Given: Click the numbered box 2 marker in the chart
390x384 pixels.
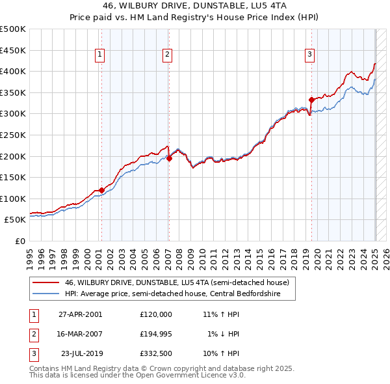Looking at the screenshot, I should [x=167, y=55].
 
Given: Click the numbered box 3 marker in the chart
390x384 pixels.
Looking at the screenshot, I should [x=310, y=55].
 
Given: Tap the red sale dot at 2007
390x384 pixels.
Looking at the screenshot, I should [x=169, y=158].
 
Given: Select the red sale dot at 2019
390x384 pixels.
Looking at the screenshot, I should [x=311, y=100].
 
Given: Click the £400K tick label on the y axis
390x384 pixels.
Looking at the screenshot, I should [x=13, y=72].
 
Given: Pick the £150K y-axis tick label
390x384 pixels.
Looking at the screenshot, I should [x=13, y=177].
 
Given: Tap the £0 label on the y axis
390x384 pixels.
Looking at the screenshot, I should [x=19, y=241].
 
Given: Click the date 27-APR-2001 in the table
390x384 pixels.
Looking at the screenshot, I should [x=80, y=314].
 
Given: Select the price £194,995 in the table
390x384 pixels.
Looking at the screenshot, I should [x=156, y=334].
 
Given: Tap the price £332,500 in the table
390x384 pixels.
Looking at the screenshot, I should [x=156, y=354].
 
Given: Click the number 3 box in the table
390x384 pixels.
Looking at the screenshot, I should [x=33, y=354].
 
